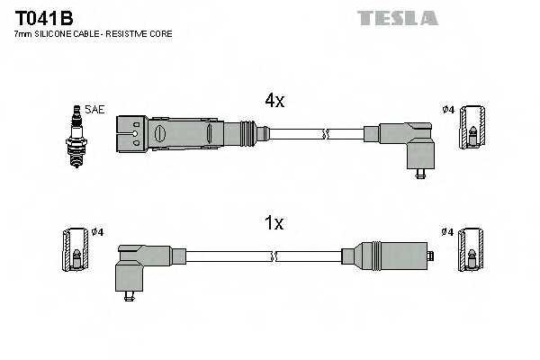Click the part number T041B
(44, 17)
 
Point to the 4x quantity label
(274, 102)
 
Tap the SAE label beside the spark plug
(95, 110)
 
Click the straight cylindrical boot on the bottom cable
(388, 256)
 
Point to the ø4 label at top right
(448, 110)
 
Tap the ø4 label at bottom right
(447, 232)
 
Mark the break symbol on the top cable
(326, 135)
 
